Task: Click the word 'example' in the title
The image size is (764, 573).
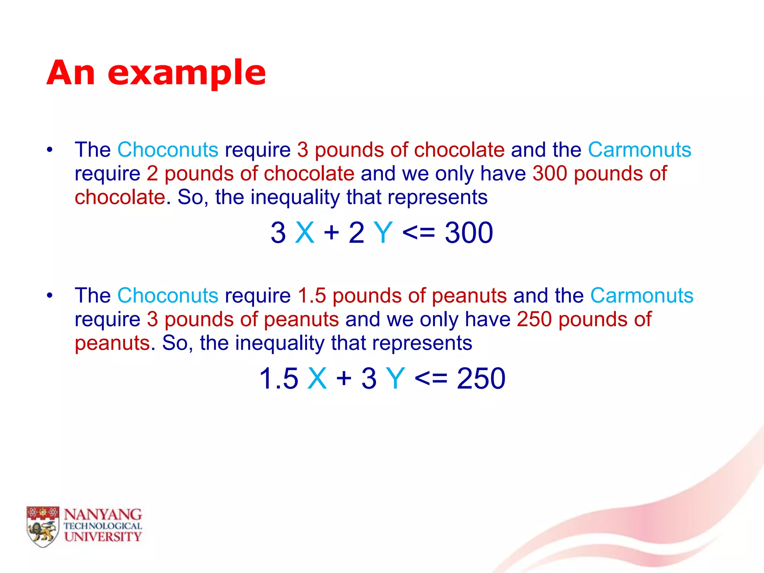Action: click(187, 73)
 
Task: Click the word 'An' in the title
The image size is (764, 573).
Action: click(71, 73)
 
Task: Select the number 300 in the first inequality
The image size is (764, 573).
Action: click(469, 233)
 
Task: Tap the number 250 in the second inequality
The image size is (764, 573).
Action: click(481, 379)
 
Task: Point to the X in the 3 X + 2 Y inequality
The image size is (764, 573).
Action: click(305, 233)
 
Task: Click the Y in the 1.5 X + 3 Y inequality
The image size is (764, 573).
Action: click(395, 379)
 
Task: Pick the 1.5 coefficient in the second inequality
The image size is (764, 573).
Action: click(279, 379)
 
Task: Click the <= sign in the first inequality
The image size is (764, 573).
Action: click(419, 233)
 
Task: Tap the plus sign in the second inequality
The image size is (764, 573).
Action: click(344, 379)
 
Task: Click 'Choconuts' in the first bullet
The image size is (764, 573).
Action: click(168, 150)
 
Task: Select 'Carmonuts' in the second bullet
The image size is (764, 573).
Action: click(642, 296)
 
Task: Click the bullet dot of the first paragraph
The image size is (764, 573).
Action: click(50, 150)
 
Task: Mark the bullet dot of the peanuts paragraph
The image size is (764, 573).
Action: click(50, 296)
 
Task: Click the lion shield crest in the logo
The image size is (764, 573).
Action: click(43, 526)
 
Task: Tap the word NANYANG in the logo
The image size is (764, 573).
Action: click(103, 515)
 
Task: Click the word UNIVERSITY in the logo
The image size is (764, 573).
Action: click(103, 537)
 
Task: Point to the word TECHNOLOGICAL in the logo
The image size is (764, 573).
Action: click(103, 526)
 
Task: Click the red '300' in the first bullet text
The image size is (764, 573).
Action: click(550, 174)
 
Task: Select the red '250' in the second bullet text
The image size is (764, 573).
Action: click(534, 320)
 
